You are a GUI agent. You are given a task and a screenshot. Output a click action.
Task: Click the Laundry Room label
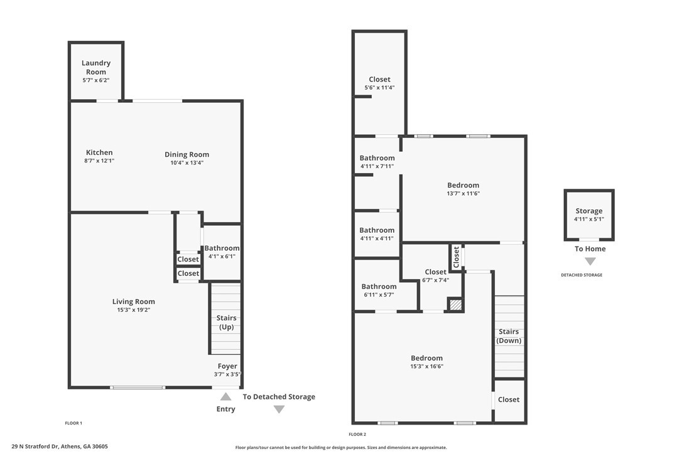[x=95, y=67]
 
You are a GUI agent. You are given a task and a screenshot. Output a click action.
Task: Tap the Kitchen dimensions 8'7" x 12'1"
[x=99, y=161]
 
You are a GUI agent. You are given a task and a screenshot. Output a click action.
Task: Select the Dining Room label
[x=187, y=154]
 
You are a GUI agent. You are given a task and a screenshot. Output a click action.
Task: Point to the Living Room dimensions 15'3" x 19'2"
[x=134, y=310]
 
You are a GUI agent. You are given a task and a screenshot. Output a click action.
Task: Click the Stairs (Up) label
[x=226, y=322]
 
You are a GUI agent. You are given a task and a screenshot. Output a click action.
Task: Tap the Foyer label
[x=227, y=366]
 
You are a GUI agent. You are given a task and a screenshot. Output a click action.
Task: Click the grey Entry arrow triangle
[x=225, y=396]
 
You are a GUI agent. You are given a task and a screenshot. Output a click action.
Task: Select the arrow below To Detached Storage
[x=279, y=409]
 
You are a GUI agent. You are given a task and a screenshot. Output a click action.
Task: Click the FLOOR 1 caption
[x=73, y=423]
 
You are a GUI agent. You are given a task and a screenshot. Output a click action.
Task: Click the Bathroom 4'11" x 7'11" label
[x=377, y=162]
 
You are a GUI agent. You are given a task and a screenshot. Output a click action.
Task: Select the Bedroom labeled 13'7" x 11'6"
[x=463, y=189]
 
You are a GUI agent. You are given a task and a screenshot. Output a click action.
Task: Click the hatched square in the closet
[x=455, y=305]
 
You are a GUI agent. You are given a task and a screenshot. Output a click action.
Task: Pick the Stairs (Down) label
[x=509, y=336]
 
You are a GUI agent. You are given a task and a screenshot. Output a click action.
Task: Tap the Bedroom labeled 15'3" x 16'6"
[x=426, y=362]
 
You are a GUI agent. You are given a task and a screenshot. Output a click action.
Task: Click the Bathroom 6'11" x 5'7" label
[x=379, y=290]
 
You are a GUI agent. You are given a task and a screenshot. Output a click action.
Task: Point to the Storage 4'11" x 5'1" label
[x=589, y=214]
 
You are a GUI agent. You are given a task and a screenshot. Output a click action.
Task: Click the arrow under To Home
[x=590, y=261]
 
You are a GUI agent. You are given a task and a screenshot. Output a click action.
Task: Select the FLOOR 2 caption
[x=357, y=435]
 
